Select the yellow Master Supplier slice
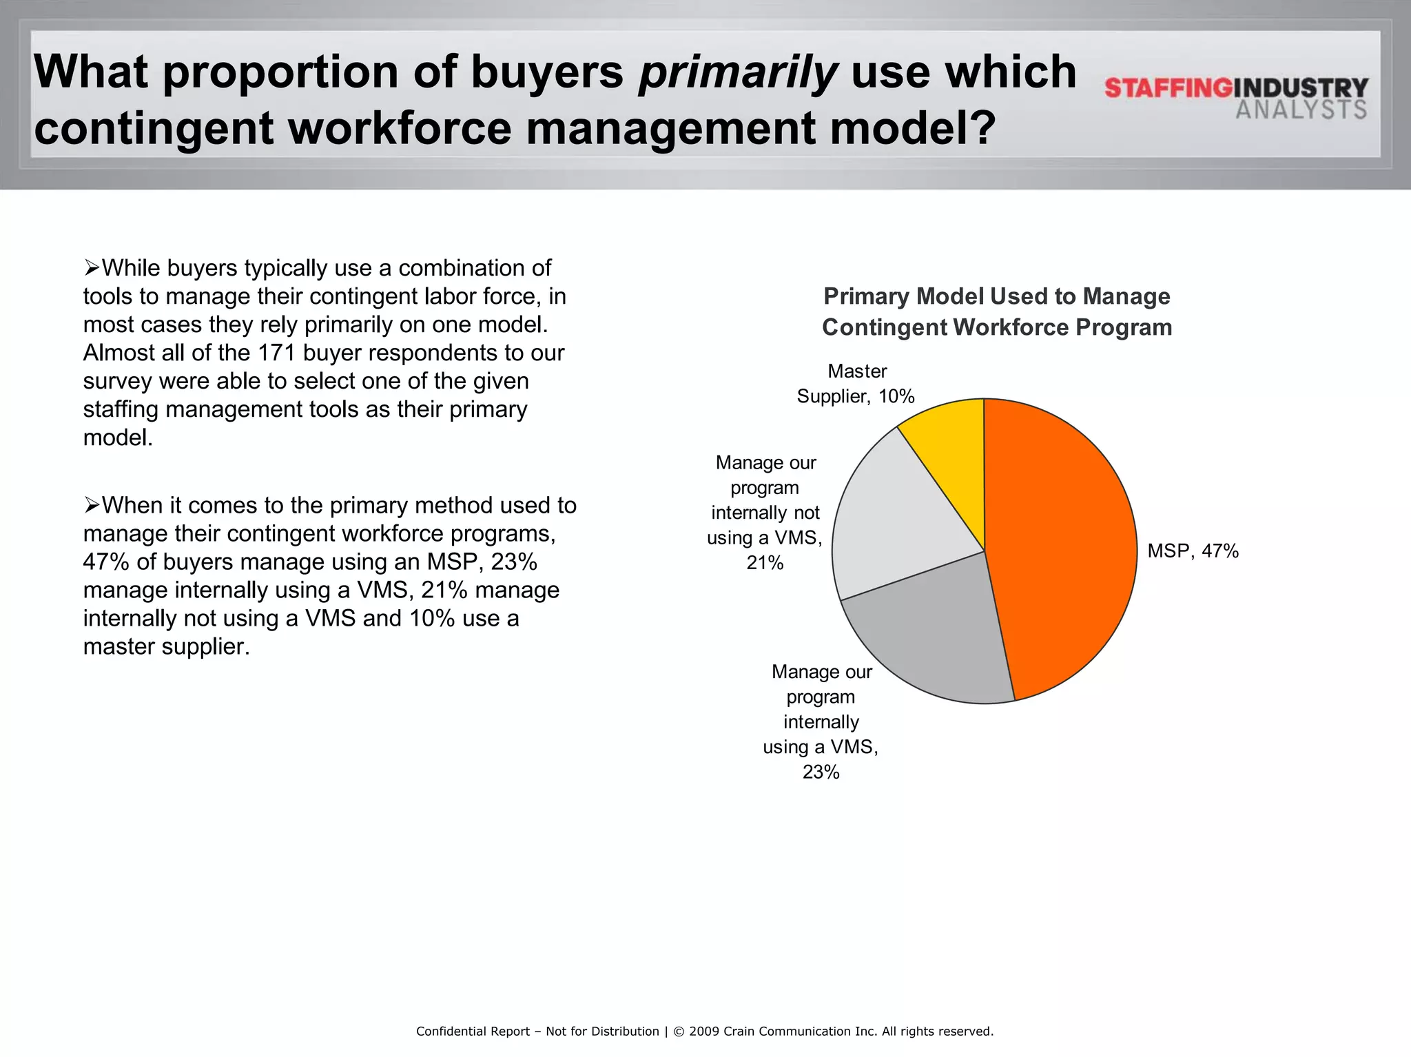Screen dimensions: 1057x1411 951,448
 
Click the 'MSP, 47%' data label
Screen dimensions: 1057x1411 1193,551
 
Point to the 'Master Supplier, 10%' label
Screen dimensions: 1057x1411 856,384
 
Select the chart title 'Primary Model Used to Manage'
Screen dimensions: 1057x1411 996,297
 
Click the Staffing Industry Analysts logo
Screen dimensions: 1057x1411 1236,98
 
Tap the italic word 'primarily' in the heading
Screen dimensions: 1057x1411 737,72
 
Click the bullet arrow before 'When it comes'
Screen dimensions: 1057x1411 92,505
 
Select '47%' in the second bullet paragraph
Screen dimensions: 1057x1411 106,562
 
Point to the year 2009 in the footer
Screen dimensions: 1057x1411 703,1032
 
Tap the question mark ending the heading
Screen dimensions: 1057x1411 980,129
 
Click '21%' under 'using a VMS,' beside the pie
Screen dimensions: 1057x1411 765,563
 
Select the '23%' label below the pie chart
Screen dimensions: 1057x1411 821,772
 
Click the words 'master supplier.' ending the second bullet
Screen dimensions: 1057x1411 166,647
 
